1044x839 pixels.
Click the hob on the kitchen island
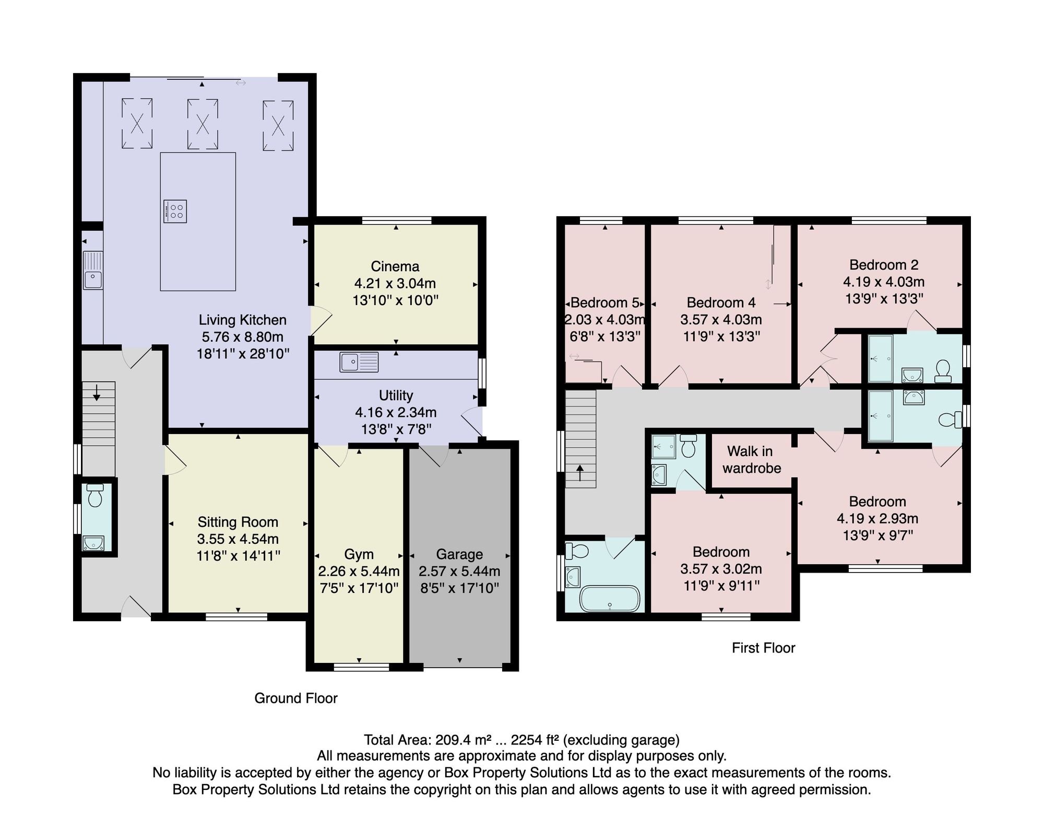pyautogui.click(x=175, y=211)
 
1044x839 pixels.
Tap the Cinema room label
pyautogui.click(x=395, y=266)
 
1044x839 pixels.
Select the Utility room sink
pyautogui.click(x=359, y=362)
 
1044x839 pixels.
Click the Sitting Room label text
pyautogui.click(x=238, y=522)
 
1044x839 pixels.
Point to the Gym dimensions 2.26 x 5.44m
pyautogui.click(x=359, y=572)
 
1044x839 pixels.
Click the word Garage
pyautogui.click(x=459, y=554)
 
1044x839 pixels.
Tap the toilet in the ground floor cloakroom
pyautogui.click(x=95, y=495)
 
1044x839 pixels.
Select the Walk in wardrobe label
pyautogui.click(x=752, y=460)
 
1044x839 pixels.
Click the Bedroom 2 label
pyautogui.click(x=884, y=265)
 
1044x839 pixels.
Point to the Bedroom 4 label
pyautogui.click(x=721, y=302)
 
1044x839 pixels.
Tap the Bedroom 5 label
pyautogui.click(x=605, y=302)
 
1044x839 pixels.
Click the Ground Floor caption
pyautogui.click(x=296, y=698)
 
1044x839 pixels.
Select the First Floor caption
pyautogui.click(x=764, y=648)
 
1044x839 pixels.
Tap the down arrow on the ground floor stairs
pyautogui.click(x=97, y=392)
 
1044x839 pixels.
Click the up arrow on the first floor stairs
pyautogui.click(x=580, y=474)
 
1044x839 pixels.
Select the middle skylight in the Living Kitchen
pyautogui.click(x=203, y=124)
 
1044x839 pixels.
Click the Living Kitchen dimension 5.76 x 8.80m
pyautogui.click(x=243, y=337)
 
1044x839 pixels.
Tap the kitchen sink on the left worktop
pyautogui.click(x=93, y=270)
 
